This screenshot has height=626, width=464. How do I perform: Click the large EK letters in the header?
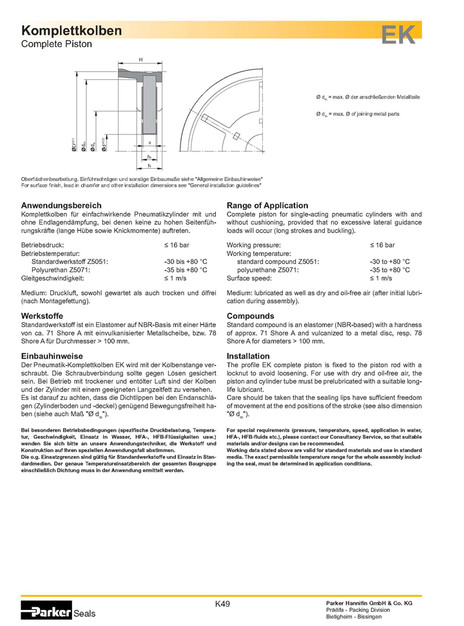tap(398, 35)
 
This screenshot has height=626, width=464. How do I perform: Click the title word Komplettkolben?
tap(71, 32)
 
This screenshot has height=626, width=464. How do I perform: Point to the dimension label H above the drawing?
tap(140, 59)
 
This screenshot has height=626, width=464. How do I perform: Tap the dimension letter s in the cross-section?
tap(149, 143)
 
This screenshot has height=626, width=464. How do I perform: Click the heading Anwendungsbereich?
tap(61, 205)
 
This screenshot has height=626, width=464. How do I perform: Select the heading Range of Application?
tap(267, 205)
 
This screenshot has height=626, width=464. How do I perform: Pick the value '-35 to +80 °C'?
tap(389, 270)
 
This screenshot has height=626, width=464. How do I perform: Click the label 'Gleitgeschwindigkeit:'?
tap(54, 278)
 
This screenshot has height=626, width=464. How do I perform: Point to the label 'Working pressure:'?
tap(253, 245)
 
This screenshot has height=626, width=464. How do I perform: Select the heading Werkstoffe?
tap(43, 316)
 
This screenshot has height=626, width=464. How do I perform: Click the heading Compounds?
tap(250, 316)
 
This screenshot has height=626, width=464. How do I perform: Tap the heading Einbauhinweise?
tap(52, 356)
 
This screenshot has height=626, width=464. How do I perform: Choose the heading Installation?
tap(248, 356)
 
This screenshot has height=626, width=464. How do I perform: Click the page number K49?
tap(222, 604)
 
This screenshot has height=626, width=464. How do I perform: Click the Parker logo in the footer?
tap(46, 612)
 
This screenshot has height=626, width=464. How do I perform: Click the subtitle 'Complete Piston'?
tap(57, 44)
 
